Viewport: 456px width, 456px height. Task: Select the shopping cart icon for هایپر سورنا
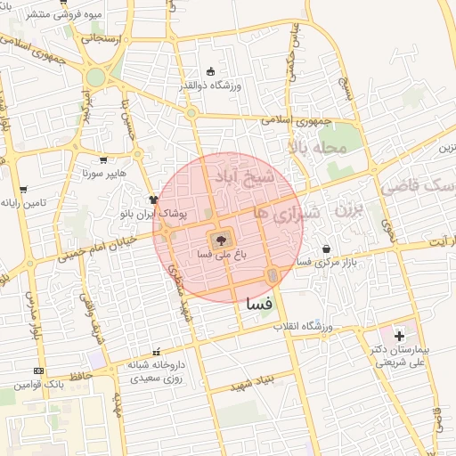[104, 161]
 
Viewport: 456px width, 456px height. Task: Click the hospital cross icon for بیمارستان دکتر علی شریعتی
[399, 337]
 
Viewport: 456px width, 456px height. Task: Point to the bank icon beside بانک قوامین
[37, 370]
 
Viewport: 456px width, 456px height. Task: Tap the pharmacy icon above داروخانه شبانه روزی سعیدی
[158, 352]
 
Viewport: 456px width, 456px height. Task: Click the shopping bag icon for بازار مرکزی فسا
[327, 248]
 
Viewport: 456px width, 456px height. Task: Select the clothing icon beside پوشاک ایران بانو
[154, 200]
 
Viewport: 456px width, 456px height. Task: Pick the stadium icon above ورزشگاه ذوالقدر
[210, 72]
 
